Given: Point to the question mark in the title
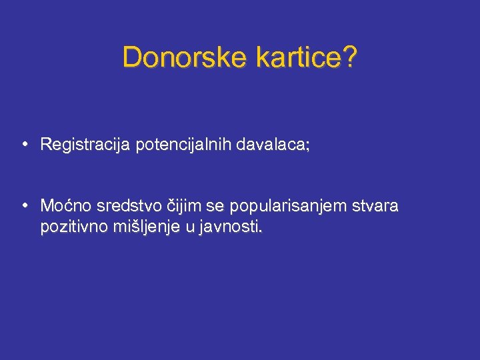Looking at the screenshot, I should (349, 57).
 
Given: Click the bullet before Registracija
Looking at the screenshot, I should (24, 144).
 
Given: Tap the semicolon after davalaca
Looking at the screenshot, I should (307, 146).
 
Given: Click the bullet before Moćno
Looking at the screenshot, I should (24, 205).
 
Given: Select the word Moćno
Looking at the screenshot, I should (64, 206).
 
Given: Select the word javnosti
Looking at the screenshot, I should (228, 227).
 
